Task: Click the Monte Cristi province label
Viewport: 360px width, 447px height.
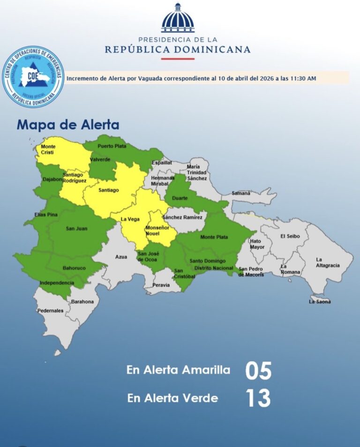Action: [48, 149]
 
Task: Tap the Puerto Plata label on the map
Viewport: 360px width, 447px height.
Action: [109, 146]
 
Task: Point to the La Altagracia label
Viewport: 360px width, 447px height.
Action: [327, 262]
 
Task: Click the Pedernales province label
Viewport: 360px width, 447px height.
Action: [51, 311]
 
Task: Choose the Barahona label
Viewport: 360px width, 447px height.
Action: [82, 302]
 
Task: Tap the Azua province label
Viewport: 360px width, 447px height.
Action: [121, 257]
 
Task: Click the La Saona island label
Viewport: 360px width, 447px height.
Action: [320, 302]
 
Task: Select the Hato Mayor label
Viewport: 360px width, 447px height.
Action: [257, 244]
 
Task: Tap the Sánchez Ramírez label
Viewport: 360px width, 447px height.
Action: [182, 217]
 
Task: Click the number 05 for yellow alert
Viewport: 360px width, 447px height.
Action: [258, 371]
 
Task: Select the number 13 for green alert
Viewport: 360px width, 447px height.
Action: [258, 398]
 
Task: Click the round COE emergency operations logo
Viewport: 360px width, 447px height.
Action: [33, 76]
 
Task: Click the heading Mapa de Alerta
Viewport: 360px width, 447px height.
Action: [68, 125]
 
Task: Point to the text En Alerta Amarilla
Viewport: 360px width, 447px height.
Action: [179, 370]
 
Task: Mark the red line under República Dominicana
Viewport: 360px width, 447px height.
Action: [177, 59]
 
